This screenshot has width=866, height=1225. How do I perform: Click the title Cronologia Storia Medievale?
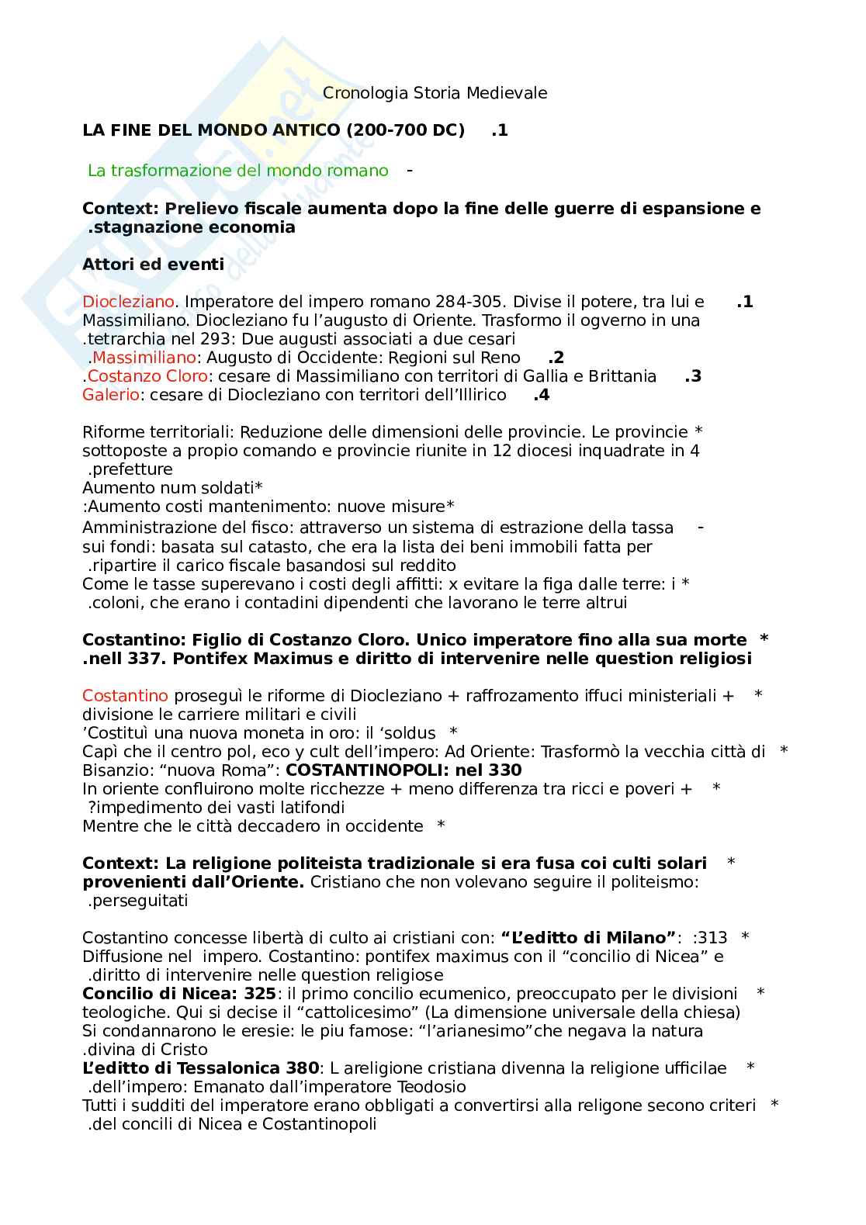coord(435,93)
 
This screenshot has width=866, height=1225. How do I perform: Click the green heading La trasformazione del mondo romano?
coord(237,171)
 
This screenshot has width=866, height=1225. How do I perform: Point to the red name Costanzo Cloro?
coord(147,376)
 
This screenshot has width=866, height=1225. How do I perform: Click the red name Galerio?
coord(111,395)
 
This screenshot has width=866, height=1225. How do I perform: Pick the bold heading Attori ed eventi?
coord(153,265)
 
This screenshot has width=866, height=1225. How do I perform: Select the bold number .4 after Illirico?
coord(542,395)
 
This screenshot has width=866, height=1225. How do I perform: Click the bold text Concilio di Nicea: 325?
coord(179,994)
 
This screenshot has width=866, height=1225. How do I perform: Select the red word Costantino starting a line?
coord(125,696)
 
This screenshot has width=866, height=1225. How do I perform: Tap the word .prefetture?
coord(130,469)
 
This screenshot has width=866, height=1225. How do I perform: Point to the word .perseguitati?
coord(137,901)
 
